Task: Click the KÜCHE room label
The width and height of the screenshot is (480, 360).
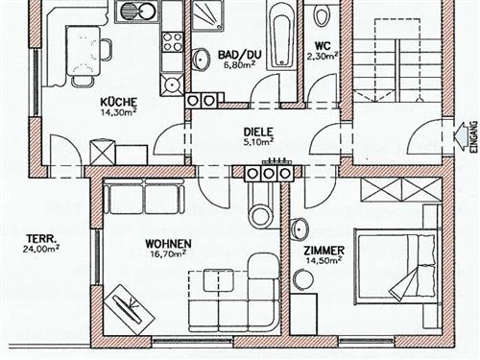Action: coord(119,102)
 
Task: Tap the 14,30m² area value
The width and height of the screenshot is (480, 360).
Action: coord(119,112)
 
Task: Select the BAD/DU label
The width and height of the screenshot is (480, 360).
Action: coord(240,55)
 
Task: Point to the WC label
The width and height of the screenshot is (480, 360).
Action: coord(323,46)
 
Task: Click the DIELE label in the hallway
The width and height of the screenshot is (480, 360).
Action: coord(258,132)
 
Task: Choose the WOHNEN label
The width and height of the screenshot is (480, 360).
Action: coord(168,244)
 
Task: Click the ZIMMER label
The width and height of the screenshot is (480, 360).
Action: coord(324,251)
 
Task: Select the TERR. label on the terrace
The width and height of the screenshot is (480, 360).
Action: coord(41,238)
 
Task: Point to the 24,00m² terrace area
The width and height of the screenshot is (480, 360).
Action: coord(41,249)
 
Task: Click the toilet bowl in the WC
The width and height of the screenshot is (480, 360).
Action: coord(321,15)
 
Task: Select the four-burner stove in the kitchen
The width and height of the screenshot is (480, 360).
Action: coord(172,42)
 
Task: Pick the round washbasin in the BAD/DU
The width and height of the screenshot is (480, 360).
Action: coord(201,60)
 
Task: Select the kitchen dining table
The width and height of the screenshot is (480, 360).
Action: coord(84,51)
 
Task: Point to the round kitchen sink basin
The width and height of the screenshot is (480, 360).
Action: coord(129,11)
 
